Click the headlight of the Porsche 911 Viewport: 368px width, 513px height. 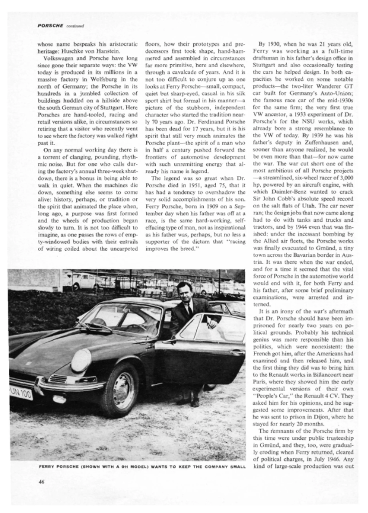[x=81, y=360]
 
